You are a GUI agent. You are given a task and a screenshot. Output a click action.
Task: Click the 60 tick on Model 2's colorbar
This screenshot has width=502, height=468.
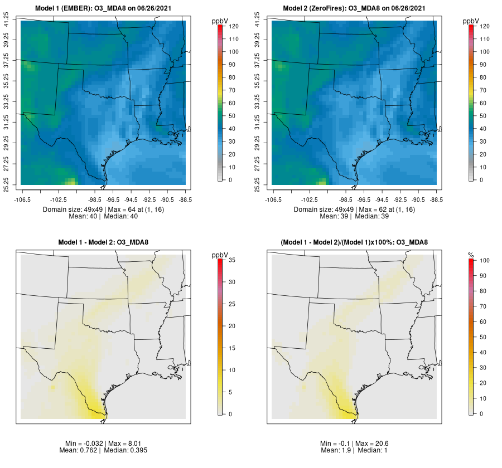[485, 103]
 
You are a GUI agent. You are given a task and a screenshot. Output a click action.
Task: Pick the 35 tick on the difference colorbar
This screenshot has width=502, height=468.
[234, 260]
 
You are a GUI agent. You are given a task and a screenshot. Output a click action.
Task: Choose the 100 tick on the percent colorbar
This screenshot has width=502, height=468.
[485, 260]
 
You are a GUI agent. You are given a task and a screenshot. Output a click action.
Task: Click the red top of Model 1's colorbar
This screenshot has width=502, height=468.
[221, 27]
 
